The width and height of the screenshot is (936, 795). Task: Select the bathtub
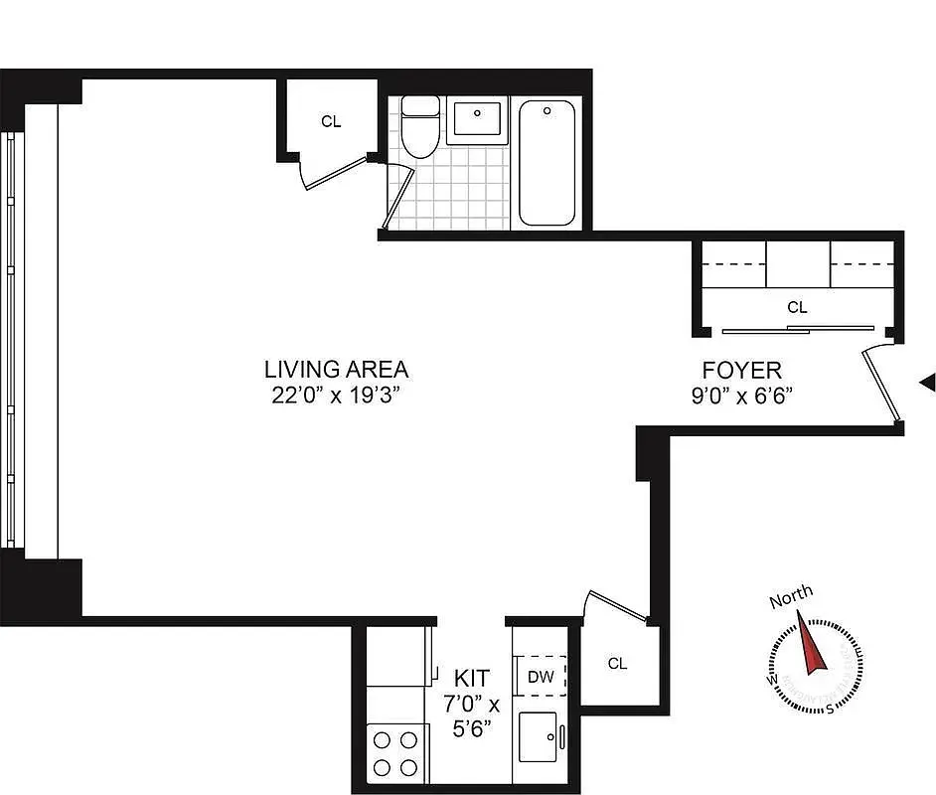coord(547,163)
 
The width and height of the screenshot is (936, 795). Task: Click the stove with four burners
coord(394,751)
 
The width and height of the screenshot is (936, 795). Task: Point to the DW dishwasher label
coord(541,678)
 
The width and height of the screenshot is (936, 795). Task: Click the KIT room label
coord(471,678)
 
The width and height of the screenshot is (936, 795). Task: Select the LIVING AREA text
coord(336,370)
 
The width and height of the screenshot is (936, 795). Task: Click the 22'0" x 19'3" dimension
coord(336,395)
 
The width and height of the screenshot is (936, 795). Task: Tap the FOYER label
coord(749,370)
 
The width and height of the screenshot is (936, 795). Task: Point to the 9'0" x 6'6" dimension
coord(749,395)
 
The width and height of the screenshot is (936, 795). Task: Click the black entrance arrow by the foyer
coord(927,382)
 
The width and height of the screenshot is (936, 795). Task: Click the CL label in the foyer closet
coord(797,308)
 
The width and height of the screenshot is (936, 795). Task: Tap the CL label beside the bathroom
coord(330,121)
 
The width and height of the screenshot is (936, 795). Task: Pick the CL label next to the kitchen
coord(617,664)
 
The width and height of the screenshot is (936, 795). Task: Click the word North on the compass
coord(790,597)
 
